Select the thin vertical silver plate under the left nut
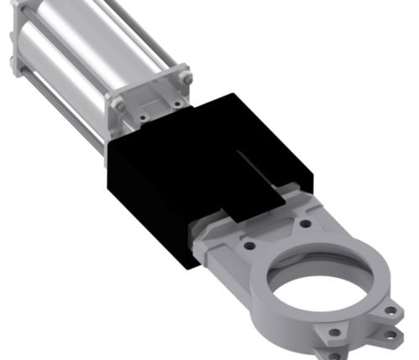point(107,138)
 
